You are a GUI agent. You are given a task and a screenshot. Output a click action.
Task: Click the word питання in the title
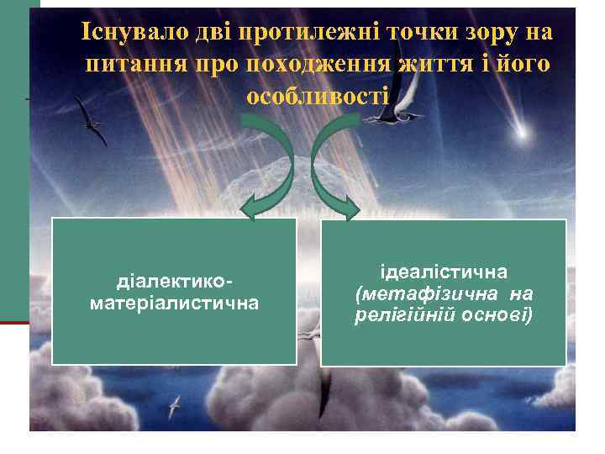pyautogui.click(x=133, y=65)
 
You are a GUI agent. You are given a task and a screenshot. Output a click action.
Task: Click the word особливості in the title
pyautogui.click(x=317, y=96)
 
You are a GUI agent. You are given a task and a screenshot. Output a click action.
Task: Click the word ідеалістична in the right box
pyautogui.click(x=444, y=272)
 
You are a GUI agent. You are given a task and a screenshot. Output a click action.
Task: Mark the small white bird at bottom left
pyautogui.click(x=176, y=407)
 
